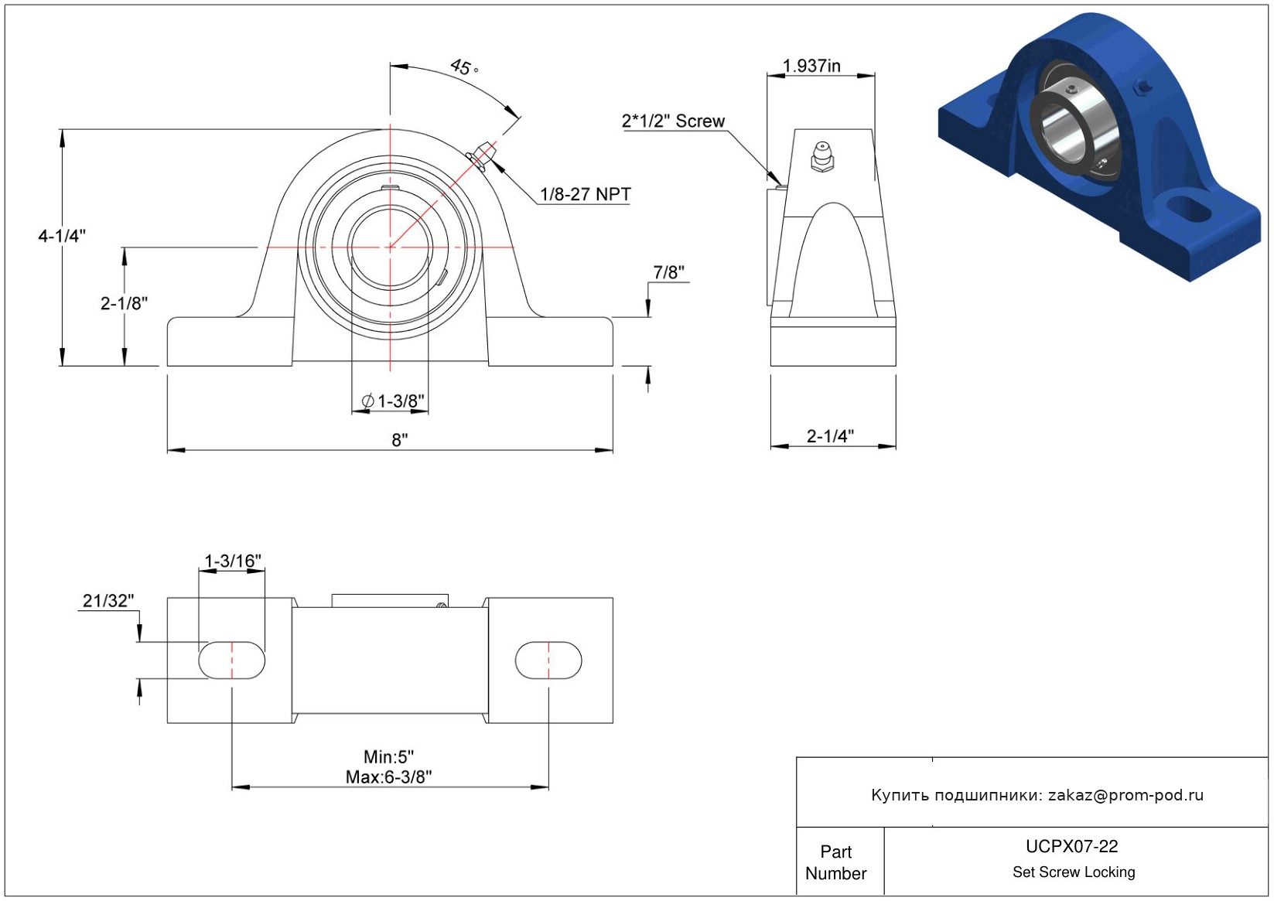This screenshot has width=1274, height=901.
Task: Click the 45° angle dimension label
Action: tap(464, 67)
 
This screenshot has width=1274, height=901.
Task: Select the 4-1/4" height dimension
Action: tap(62, 235)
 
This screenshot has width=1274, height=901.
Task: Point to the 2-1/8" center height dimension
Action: tap(124, 303)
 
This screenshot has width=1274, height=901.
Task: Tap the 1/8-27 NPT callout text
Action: tap(586, 195)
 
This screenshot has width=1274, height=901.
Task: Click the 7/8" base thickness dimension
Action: tap(669, 272)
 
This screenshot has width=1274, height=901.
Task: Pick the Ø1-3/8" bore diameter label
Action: tap(393, 401)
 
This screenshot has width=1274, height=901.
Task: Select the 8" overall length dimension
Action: tap(400, 440)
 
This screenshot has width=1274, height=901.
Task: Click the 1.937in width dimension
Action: tap(811, 66)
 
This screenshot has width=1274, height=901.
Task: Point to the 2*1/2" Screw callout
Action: tap(674, 121)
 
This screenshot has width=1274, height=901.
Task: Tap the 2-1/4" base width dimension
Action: tap(830, 436)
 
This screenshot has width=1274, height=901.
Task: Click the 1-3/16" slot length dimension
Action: tap(233, 561)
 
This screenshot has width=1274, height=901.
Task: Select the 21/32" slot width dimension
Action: tap(108, 600)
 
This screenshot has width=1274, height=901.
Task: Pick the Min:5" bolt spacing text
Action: tap(389, 757)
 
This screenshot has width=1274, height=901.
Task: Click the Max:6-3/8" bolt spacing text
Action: tap(389, 777)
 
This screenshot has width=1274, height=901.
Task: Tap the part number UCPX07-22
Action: tap(1072, 846)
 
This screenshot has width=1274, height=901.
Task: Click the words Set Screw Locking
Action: tap(1074, 872)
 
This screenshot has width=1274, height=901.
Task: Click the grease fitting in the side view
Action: tap(822, 156)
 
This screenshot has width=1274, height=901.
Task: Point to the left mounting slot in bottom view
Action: tap(231, 660)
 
